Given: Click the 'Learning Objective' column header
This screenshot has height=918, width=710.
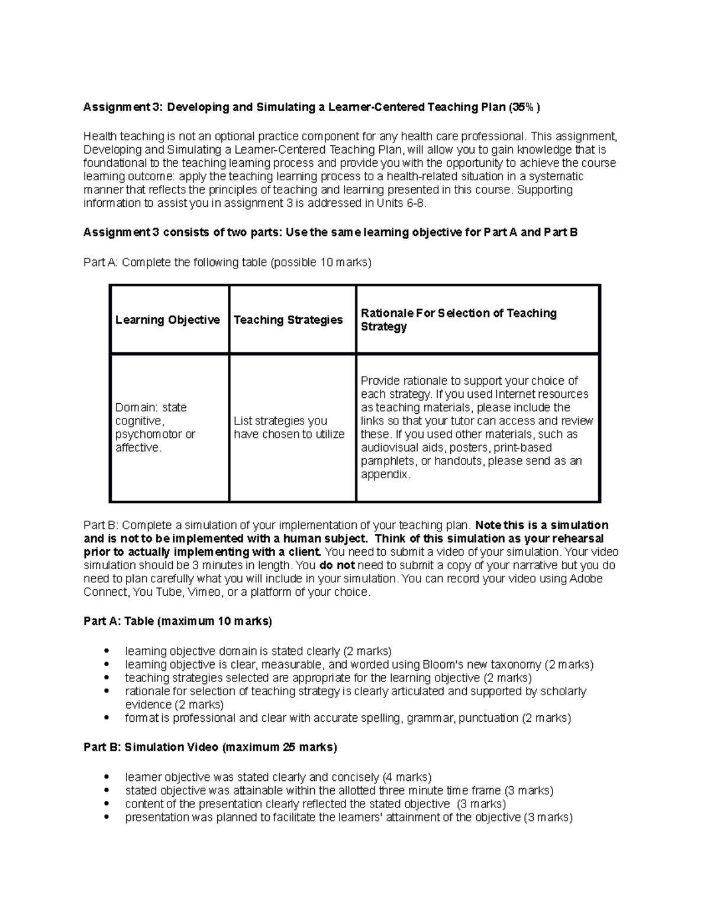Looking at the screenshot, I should coord(167,320).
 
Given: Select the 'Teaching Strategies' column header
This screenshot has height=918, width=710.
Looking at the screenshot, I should coord(288,320).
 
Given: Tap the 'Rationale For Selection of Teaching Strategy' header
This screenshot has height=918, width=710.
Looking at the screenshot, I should coord(459,320).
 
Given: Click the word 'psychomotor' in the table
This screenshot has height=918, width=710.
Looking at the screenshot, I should coord(143,434).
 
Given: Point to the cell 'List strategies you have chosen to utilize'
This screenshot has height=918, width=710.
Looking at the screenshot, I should coord(289,427).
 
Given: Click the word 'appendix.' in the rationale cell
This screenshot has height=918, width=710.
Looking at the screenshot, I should coord(385,475).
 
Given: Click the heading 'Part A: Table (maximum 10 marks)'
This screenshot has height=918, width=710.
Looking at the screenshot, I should coord(177,621).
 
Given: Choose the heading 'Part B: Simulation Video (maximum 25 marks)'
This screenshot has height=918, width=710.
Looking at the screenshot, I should coord(210,747).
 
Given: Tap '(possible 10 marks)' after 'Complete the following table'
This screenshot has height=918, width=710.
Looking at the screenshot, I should coord(320,262).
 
